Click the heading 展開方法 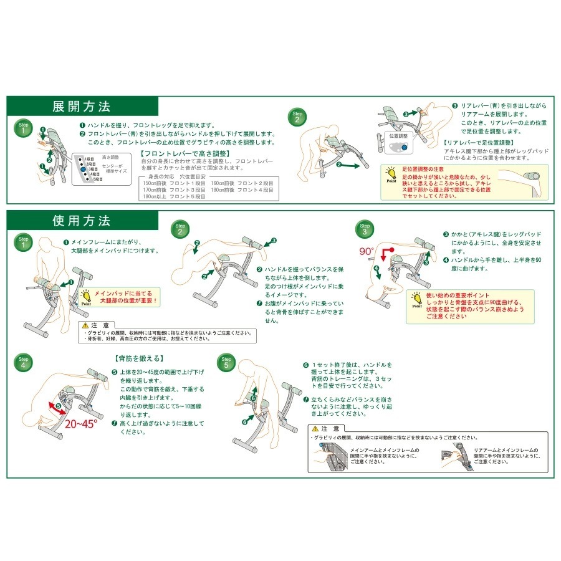(x=81, y=105)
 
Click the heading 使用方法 (x=81, y=221)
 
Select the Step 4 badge (x=23, y=363)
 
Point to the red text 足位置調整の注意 (x=422, y=169)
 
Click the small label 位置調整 (x=398, y=135)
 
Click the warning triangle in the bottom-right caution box (x=315, y=429)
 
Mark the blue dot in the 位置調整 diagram (x=404, y=148)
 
